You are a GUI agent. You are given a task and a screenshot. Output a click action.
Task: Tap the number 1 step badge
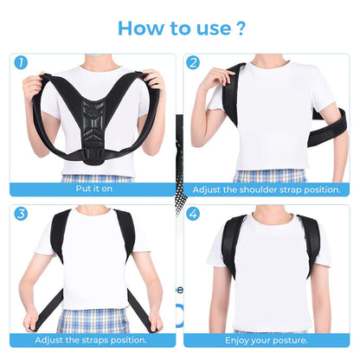pos(20,62)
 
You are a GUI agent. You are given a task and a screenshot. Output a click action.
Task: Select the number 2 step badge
pos(193,62)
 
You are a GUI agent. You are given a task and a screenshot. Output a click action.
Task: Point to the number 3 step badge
pos(20,212)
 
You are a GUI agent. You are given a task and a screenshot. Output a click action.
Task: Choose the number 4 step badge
pos(193,212)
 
